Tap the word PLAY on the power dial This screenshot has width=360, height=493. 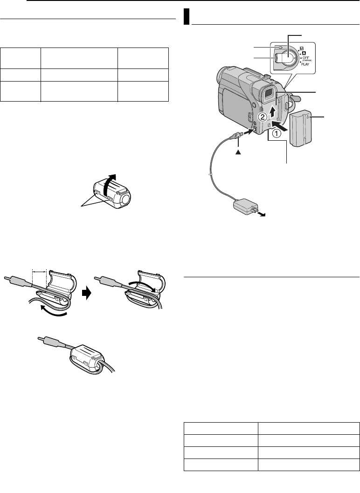tap(305, 64)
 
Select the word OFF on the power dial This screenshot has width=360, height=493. tap(305, 57)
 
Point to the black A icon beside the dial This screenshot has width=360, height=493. tap(305, 53)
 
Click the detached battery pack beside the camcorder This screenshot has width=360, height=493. tap(301, 128)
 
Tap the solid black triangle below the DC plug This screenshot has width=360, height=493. tap(238, 151)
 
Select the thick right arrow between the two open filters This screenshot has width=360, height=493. tap(87, 293)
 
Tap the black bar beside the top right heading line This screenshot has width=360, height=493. tap(187, 17)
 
